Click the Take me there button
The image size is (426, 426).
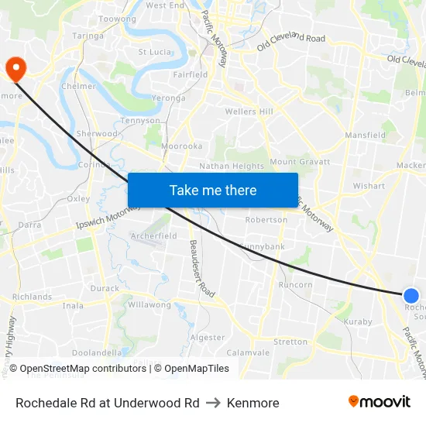click(212, 190)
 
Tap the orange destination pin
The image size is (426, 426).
click(15, 69)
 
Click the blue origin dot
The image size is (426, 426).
click(411, 295)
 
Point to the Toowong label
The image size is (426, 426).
click(118, 19)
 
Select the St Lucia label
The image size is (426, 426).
click(154, 52)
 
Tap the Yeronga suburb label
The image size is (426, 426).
click(168, 98)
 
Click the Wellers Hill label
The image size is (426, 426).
click(249, 112)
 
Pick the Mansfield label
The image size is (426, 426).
click(365, 135)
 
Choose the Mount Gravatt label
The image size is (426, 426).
click(300, 162)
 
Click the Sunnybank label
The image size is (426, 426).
click(262, 246)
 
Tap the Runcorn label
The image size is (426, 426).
click(295, 284)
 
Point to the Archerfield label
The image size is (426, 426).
click(154, 235)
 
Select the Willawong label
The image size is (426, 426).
click(149, 304)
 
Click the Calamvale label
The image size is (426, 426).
click(248, 352)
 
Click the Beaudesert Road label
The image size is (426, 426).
click(201, 269)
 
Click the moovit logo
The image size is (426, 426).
click(380, 402)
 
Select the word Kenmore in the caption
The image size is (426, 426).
click(253, 403)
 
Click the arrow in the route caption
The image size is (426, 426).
click(213, 403)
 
